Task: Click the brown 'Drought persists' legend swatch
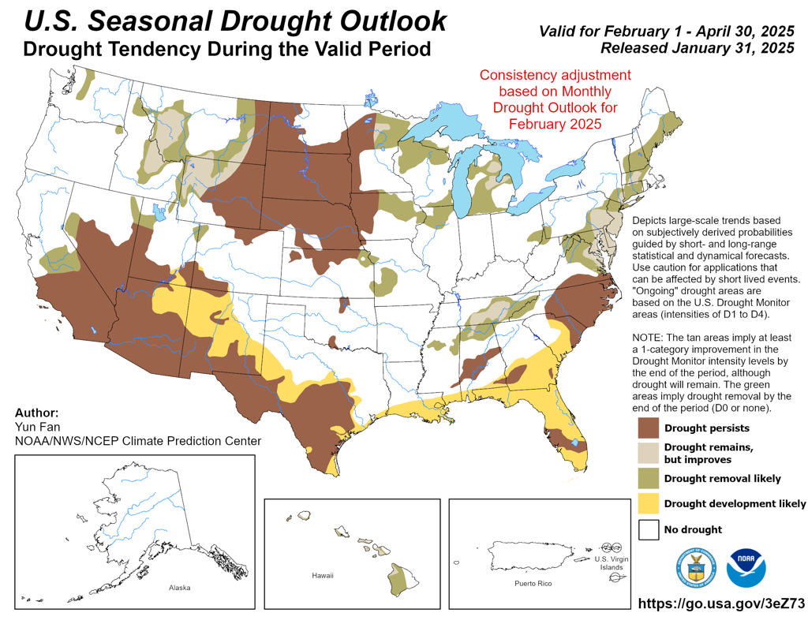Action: tap(649, 428)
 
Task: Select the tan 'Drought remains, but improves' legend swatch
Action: tap(649, 453)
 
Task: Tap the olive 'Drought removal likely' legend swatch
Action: tap(649, 478)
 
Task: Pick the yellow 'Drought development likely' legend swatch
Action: tap(649, 503)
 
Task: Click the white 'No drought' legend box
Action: tap(649, 529)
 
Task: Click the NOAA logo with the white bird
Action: tap(746, 568)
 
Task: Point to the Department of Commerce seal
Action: tap(696, 568)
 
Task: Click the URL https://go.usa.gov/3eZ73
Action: tap(721, 603)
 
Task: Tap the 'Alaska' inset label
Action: tap(179, 588)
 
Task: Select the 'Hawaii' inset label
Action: tap(323, 575)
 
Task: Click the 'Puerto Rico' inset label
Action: tap(533, 583)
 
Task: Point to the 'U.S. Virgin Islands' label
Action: tap(612, 562)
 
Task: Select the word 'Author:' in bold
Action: tap(36, 413)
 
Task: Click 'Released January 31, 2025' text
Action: tap(698, 48)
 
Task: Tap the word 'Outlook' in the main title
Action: tap(393, 21)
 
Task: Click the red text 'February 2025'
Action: tap(555, 124)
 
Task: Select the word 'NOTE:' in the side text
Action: tap(648, 338)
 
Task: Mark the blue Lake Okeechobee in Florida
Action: tap(574, 442)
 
